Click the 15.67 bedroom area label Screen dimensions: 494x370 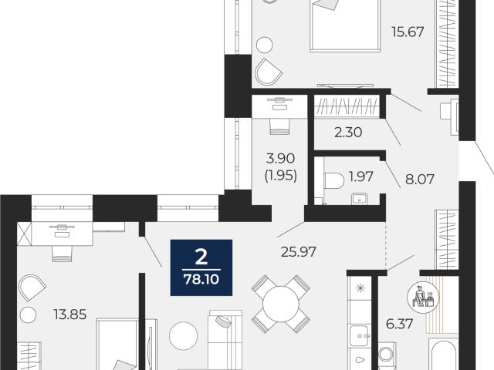tap(408, 32)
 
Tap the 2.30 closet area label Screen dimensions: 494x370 tap(348, 133)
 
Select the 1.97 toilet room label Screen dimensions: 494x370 tap(361, 177)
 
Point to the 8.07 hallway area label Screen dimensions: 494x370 tap(420, 180)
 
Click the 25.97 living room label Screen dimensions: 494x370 tap(299, 252)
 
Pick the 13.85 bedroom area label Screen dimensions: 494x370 tap(70, 314)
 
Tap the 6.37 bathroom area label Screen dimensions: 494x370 tap(400, 324)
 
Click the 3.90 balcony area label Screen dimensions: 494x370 tap(281, 158)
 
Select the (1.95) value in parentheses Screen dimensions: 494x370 tap(281, 177)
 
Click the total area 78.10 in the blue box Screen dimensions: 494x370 tap(201, 279)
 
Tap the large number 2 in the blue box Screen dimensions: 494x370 tap(201, 257)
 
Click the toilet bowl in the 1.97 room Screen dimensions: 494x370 tap(334, 180)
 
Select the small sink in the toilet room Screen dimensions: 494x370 tap(360, 199)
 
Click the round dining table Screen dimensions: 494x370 tap(280, 304)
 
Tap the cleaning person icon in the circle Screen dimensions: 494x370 tap(423, 298)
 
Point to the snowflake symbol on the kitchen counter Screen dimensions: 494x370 tap(360, 288)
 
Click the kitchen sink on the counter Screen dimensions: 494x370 tap(360, 336)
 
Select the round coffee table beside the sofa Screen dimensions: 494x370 tap(184, 336)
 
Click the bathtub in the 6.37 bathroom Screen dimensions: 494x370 tap(442, 355)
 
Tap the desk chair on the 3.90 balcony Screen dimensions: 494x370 tap(279, 126)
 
